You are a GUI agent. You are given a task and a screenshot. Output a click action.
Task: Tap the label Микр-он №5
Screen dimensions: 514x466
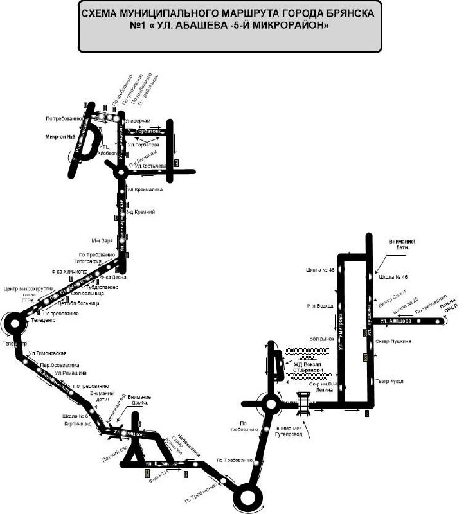click(60, 137)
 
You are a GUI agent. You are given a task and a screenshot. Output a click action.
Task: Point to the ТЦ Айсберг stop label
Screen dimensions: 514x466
click(106, 150)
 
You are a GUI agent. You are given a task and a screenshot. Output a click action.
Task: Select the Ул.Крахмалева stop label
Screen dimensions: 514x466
click(145, 190)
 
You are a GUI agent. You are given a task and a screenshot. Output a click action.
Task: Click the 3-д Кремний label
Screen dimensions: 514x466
click(139, 212)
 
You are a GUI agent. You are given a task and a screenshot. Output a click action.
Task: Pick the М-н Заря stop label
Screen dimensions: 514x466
click(102, 241)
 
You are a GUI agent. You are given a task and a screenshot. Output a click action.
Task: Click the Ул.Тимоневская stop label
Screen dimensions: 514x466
click(47, 354)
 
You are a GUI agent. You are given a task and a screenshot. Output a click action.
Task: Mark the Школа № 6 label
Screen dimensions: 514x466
click(75, 415)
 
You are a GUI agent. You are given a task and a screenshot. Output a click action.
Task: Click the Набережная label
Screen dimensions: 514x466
click(190, 445)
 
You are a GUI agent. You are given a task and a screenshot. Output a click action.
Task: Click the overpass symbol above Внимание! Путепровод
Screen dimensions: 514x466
click(304, 403)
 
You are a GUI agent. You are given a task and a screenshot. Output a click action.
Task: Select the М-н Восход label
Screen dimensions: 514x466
click(319, 306)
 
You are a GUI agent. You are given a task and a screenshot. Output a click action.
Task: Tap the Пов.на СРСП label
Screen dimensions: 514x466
click(448, 311)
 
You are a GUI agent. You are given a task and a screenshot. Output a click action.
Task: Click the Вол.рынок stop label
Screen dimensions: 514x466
click(321, 337)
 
